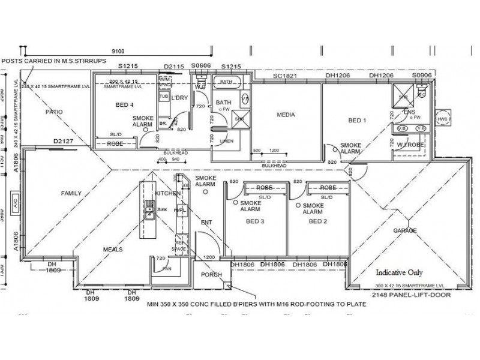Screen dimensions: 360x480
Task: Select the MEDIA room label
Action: (x=286, y=114)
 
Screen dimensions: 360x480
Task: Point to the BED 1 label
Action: (x=358, y=120)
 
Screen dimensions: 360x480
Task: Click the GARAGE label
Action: (x=405, y=230)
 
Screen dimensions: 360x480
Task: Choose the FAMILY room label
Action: (x=71, y=193)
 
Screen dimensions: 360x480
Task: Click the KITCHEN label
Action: (x=167, y=194)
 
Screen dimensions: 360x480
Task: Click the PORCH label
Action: (x=211, y=275)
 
